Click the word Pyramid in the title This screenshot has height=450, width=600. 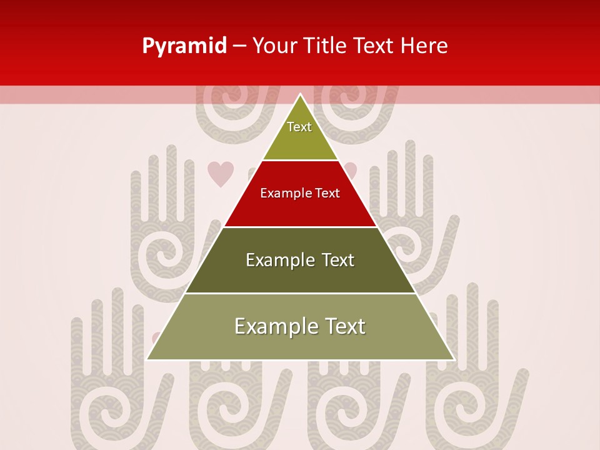pos(184,46)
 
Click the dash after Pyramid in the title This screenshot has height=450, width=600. pos(239,46)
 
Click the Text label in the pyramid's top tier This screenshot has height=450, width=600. pos(299,127)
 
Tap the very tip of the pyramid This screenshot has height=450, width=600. pos(301,94)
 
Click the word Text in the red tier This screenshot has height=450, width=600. pos(327,193)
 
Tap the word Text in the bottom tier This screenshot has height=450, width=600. pos(343,326)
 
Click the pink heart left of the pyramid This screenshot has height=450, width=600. pos(220,174)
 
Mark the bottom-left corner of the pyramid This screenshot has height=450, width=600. pos(147,359)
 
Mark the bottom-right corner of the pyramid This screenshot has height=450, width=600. pos(454,359)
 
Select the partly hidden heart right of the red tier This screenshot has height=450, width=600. pos(351,169)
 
